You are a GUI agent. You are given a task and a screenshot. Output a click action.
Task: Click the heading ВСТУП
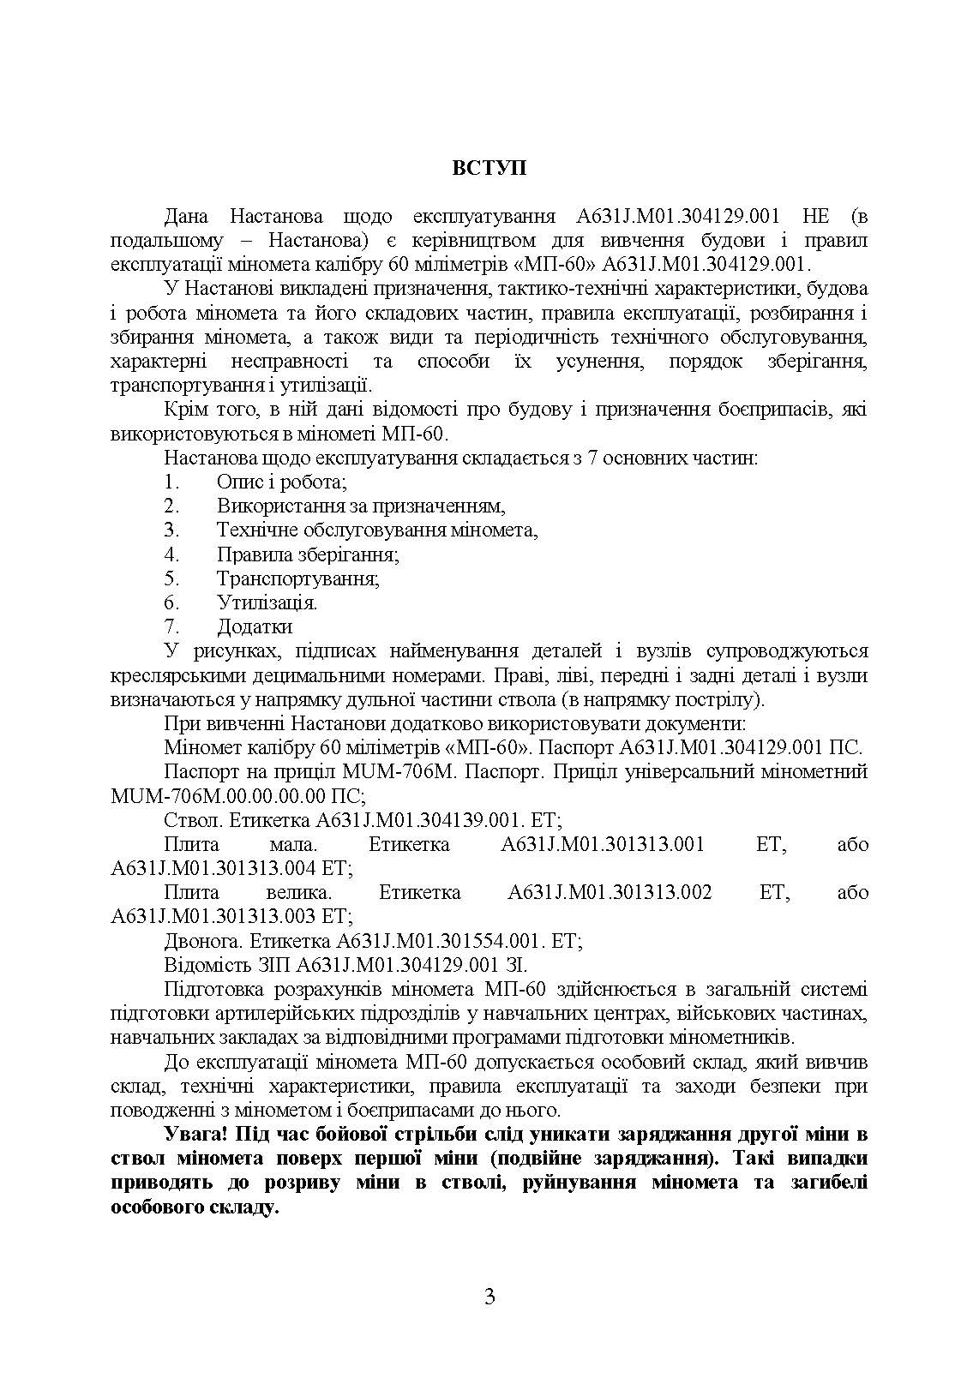(x=489, y=168)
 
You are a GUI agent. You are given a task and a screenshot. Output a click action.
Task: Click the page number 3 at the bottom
(x=489, y=1297)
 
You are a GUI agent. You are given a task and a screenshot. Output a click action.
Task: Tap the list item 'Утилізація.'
(x=267, y=602)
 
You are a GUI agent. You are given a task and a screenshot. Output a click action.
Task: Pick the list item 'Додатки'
(x=255, y=626)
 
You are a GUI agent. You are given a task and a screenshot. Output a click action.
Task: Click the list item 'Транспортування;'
(x=298, y=578)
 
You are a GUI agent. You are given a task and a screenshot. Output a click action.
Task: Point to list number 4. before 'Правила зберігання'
(x=171, y=554)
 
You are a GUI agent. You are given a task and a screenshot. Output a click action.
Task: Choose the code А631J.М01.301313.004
(x=214, y=868)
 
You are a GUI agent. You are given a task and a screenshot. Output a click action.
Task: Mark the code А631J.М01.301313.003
(x=214, y=917)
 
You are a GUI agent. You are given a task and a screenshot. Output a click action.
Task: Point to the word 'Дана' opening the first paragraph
(x=185, y=216)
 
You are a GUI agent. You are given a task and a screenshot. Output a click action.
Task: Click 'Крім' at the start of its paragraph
(x=184, y=410)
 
